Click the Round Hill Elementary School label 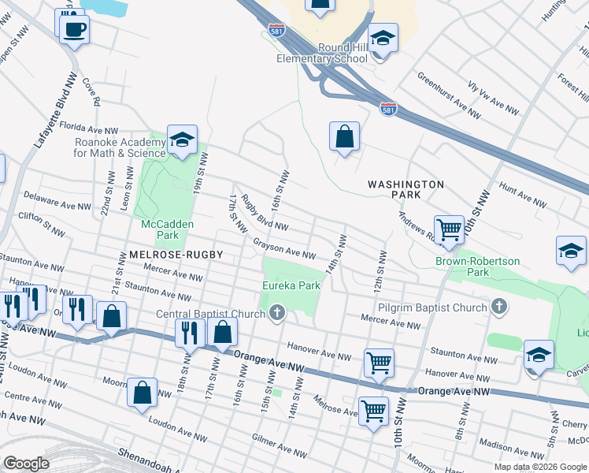[322, 53]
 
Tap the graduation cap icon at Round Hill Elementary [383, 39]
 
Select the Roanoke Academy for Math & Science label [120, 147]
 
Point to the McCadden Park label [167, 229]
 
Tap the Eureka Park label [291, 285]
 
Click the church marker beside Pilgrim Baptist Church [498, 305]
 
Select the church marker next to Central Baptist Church [276, 315]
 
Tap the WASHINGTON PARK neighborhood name [406, 189]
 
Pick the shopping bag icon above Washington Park [345, 137]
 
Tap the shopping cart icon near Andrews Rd [449, 230]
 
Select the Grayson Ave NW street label [284, 249]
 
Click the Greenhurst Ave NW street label [448, 94]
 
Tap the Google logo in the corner [26, 464]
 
